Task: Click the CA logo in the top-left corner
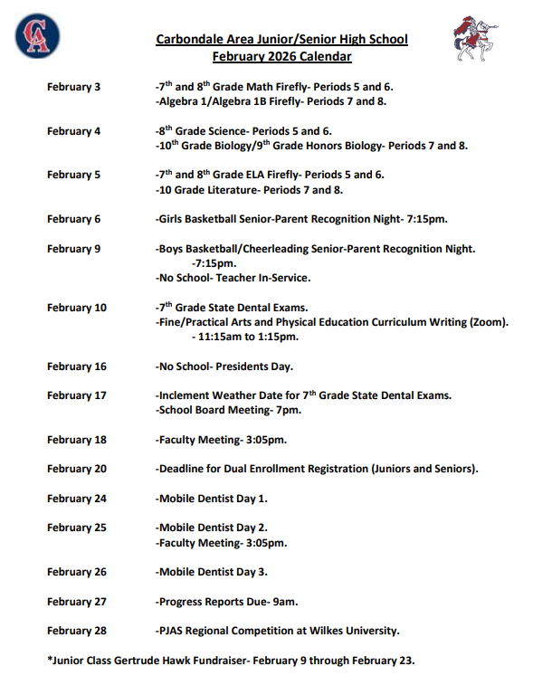(x=38, y=36)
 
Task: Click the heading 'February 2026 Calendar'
(x=281, y=56)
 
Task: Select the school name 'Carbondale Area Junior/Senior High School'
(x=281, y=40)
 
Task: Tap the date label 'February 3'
(x=74, y=88)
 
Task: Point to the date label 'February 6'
(x=74, y=219)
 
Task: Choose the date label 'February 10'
(x=77, y=308)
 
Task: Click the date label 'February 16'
(x=77, y=366)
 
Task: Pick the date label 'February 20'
(x=77, y=469)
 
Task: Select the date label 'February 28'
(x=77, y=631)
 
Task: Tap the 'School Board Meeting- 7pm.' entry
(x=229, y=410)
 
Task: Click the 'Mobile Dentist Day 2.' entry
(x=212, y=528)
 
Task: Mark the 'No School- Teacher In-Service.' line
(x=233, y=278)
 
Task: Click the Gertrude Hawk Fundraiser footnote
(x=231, y=661)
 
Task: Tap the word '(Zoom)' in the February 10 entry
(x=489, y=322)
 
